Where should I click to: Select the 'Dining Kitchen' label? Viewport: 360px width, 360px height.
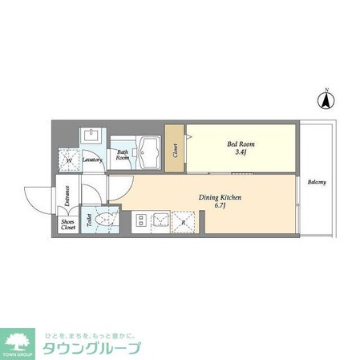pos(220,197)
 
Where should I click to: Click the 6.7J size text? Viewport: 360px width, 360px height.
pos(220,207)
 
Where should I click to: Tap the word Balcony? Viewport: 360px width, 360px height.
pos(316,182)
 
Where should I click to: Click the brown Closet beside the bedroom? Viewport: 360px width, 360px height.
pos(175,148)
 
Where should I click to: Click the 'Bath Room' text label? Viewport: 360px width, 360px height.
pos(123,155)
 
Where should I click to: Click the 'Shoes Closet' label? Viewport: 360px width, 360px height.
pos(68,225)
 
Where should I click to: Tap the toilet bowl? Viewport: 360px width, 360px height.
pos(105,220)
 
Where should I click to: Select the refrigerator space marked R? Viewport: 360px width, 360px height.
pos(184,220)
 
